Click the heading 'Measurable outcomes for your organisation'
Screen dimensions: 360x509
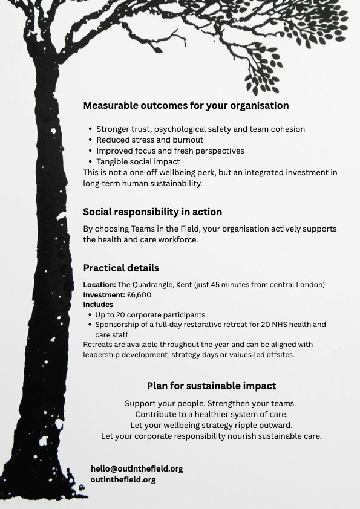click(x=186, y=105)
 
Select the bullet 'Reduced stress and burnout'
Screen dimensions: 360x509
click(x=149, y=140)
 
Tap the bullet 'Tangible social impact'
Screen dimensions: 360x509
click(x=138, y=161)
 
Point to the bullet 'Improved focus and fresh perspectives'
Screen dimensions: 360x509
click(x=170, y=151)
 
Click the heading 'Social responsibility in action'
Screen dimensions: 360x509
click(x=152, y=212)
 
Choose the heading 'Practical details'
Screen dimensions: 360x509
click(x=121, y=268)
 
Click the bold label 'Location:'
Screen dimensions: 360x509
click(x=99, y=284)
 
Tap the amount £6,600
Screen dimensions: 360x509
click(x=139, y=295)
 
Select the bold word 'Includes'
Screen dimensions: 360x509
click(x=98, y=305)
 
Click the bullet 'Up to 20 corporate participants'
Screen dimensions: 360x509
click(x=150, y=314)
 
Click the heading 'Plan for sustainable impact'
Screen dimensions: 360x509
click(x=211, y=386)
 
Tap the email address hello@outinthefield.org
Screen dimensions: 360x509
click(x=137, y=468)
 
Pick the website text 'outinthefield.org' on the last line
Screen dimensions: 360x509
click(x=123, y=479)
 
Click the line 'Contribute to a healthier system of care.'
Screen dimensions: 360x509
click(x=211, y=414)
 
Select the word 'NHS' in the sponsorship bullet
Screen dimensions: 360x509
click(x=273, y=325)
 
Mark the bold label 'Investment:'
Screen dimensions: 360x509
click(x=104, y=295)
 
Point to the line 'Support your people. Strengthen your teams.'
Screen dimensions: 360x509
click(x=210, y=403)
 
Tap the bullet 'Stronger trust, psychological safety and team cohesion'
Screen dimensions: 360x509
click(x=200, y=129)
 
